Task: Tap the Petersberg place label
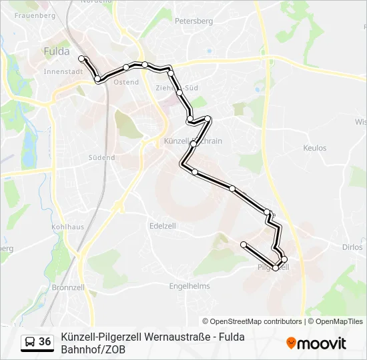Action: tap(194, 21)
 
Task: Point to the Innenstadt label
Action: tap(62, 71)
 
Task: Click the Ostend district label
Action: tap(126, 82)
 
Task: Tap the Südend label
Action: tap(101, 158)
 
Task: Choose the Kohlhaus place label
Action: tap(67, 227)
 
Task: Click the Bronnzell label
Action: tap(67, 287)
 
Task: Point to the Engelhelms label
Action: tap(190, 286)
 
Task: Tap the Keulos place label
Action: tap(315, 148)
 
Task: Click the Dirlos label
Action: tap(352, 247)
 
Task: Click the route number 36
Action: tap(45, 342)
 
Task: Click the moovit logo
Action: tap(316, 343)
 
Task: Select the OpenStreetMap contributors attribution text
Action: tap(252, 321)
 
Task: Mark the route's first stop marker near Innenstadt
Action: tap(82, 59)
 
